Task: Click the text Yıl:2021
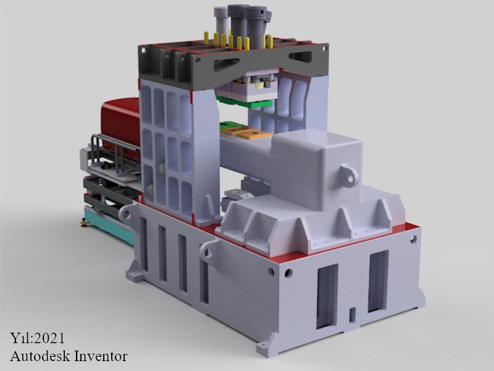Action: [x=37, y=338]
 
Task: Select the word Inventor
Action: [x=101, y=356]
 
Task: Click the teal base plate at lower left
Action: [x=109, y=225]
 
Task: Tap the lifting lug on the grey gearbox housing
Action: [x=349, y=175]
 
